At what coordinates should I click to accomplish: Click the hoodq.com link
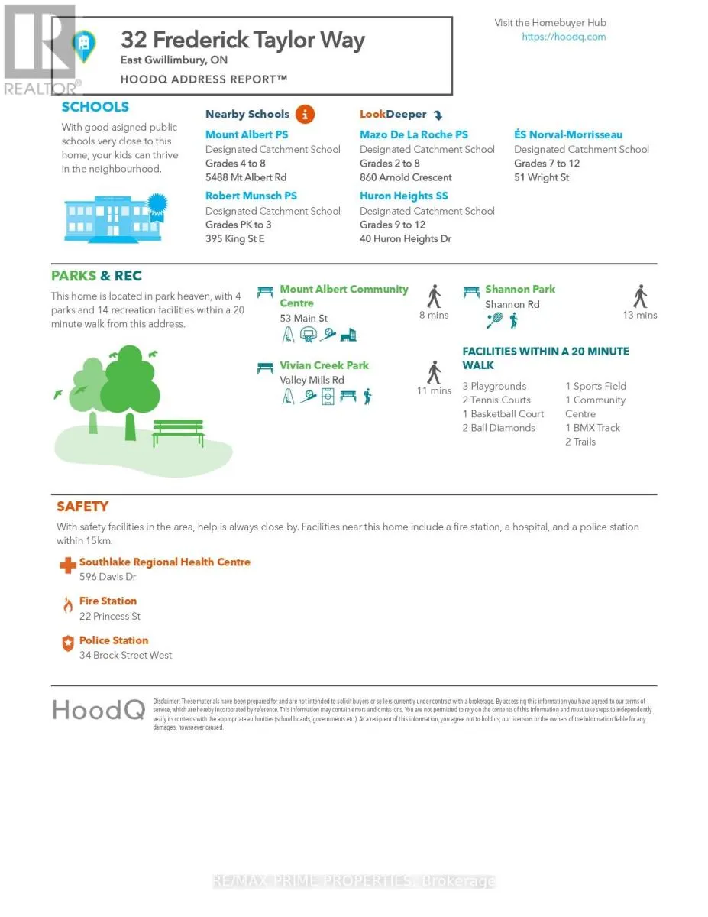pyautogui.click(x=564, y=37)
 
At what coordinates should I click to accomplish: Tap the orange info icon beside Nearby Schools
pyautogui.click(x=304, y=115)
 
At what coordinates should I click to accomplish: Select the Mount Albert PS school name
pyautogui.click(x=247, y=135)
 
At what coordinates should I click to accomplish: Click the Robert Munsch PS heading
pyautogui.click(x=251, y=196)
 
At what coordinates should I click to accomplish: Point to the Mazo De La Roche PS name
pyautogui.click(x=414, y=135)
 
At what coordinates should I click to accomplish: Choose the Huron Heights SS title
pyautogui.click(x=404, y=196)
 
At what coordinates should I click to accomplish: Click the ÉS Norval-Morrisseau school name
pyautogui.click(x=568, y=135)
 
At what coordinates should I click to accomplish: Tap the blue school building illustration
pyautogui.click(x=114, y=219)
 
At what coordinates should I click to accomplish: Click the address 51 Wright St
pyautogui.click(x=542, y=178)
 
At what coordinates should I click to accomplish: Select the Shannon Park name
pyautogui.click(x=520, y=290)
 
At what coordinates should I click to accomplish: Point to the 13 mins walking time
pyautogui.click(x=640, y=316)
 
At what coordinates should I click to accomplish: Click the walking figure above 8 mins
pyautogui.click(x=435, y=296)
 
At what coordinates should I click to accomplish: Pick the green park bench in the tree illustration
pyautogui.click(x=178, y=433)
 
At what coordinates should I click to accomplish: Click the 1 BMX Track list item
pyautogui.click(x=593, y=428)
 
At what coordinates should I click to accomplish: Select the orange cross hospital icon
pyautogui.click(x=68, y=565)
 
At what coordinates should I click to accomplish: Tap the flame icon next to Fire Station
pyautogui.click(x=68, y=605)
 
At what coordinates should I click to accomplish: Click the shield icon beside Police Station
pyautogui.click(x=68, y=644)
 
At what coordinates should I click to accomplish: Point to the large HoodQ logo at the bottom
pyautogui.click(x=99, y=710)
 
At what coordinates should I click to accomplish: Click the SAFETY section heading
pyautogui.click(x=82, y=507)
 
